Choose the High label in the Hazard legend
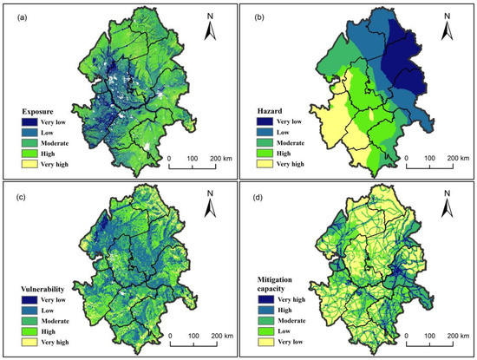[298, 150]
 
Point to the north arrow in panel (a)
[210, 33]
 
